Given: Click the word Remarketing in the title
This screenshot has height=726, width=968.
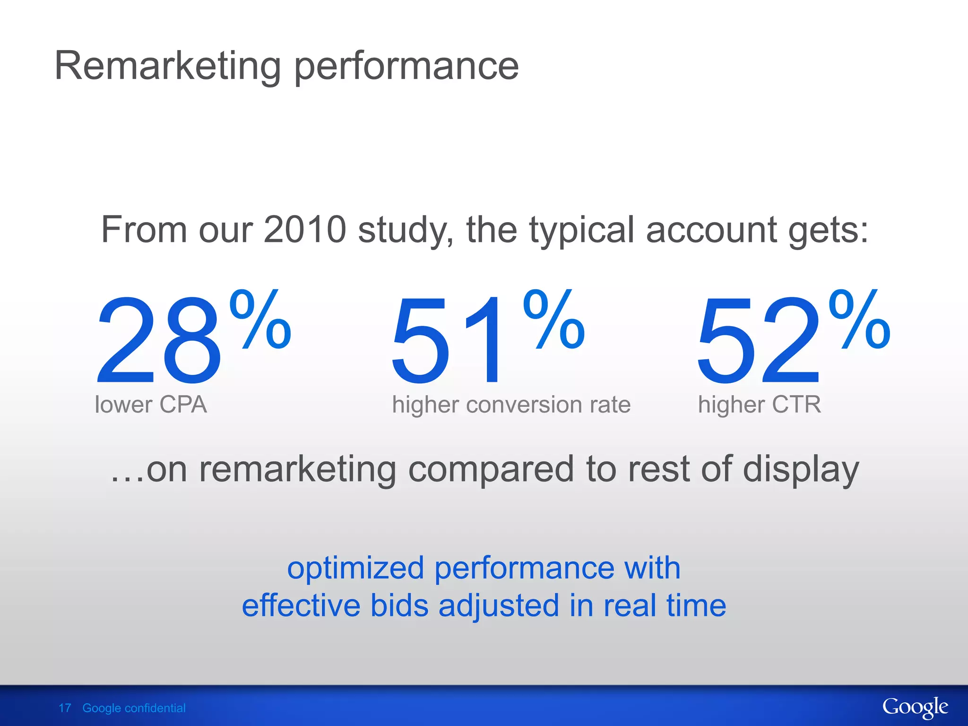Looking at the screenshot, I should (168, 66).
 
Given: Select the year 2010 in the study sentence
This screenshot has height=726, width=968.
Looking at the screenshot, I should (305, 230).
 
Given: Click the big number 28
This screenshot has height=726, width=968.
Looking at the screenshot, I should (158, 339).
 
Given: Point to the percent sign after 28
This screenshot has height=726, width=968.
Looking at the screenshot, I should (260, 320).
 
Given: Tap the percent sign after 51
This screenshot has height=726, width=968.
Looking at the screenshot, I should (554, 320).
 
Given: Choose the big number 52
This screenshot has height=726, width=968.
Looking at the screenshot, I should (759, 339).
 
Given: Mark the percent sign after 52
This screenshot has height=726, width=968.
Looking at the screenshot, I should (859, 320).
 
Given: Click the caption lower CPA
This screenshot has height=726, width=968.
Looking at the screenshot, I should (151, 405).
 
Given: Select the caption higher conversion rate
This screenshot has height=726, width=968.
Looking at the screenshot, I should (511, 405).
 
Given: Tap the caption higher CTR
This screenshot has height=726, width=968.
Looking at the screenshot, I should (760, 405).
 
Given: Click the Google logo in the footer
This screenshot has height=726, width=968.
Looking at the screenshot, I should (915, 708).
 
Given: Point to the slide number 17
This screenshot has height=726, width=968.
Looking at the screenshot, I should (65, 708).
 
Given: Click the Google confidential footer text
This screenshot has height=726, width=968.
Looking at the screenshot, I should (134, 708).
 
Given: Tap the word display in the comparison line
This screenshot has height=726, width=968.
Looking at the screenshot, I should (801, 470).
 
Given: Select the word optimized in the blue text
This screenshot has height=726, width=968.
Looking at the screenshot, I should (355, 568).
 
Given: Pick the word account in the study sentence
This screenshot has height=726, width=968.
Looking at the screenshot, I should (710, 230).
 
